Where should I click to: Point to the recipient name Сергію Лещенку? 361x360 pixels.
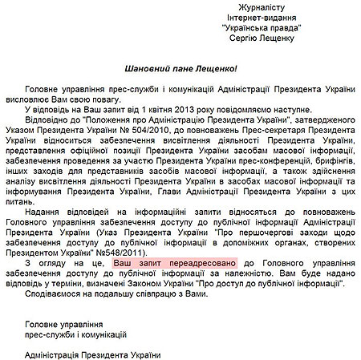(251, 41)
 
